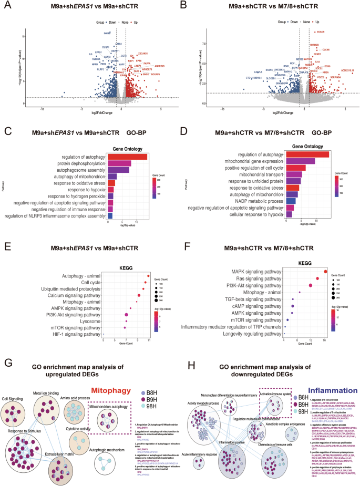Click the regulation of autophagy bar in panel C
(127, 157)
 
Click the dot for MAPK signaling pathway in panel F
(325, 272)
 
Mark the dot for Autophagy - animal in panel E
(149, 275)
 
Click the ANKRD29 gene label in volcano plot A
(159, 66)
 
